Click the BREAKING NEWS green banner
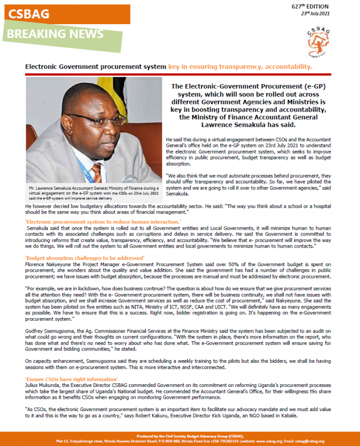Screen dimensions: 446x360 click(x=55, y=34)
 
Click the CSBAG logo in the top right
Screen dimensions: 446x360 click(x=319, y=39)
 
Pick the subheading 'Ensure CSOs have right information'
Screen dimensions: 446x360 click(x=72, y=379)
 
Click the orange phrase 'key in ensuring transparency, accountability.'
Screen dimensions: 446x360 click(x=240, y=66)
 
